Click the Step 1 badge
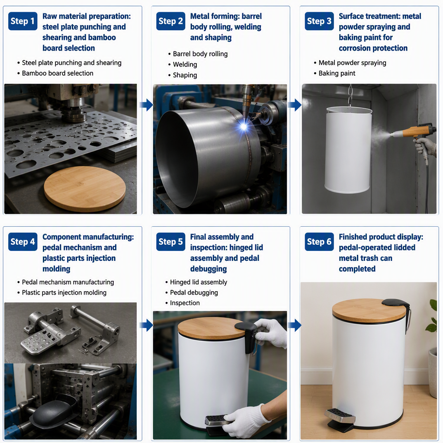tap(22, 21)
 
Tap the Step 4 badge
tap(22, 241)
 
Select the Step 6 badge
tap(319, 241)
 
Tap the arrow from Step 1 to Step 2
tap(146, 105)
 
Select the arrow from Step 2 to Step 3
tap(295, 105)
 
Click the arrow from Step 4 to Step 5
tap(146, 325)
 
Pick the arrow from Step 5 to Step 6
tap(295, 325)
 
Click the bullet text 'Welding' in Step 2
tap(185, 64)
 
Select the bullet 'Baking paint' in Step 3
tap(337, 73)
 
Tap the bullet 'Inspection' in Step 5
tap(185, 303)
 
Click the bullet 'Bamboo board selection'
tap(58, 73)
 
